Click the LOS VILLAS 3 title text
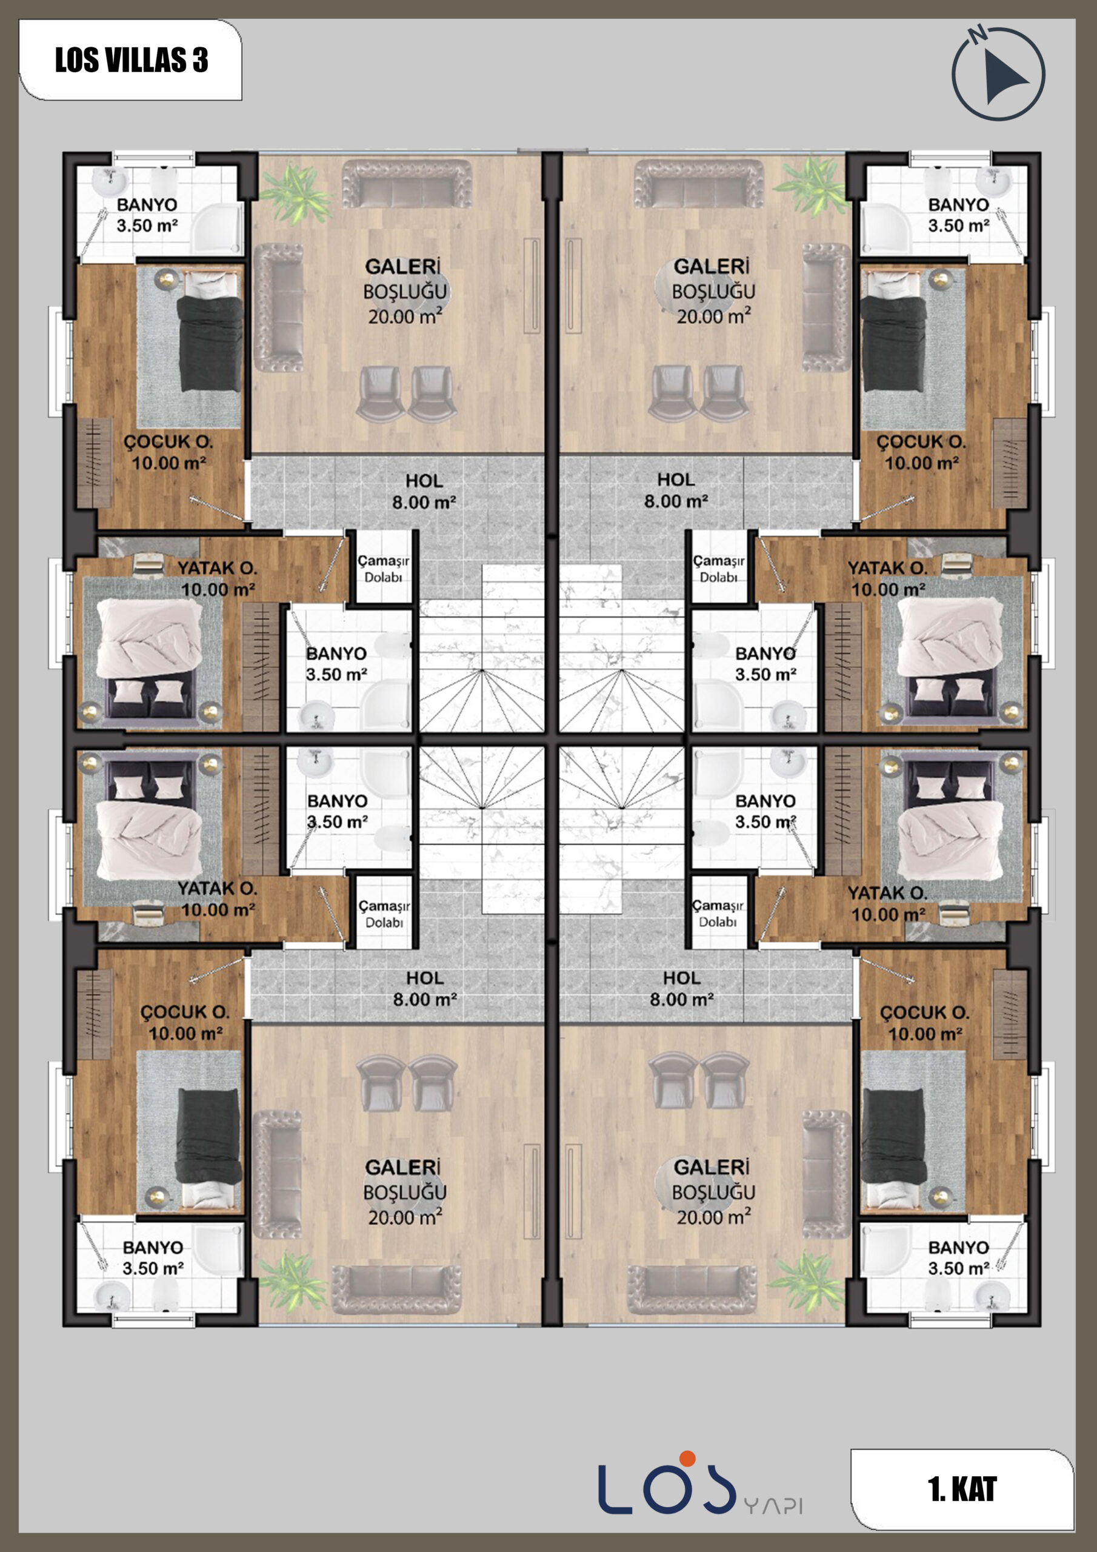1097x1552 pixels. click(x=131, y=60)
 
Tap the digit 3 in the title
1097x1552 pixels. click(x=200, y=60)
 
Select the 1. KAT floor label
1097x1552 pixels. click(x=962, y=1489)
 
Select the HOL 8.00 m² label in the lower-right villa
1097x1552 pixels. click(x=681, y=988)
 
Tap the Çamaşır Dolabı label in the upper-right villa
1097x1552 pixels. click(x=718, y=569)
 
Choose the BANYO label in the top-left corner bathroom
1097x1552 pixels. click(x=147, y=204)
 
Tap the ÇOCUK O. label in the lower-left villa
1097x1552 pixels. click(x=184, y=1012)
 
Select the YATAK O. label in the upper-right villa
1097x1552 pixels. click(x=887, y=568)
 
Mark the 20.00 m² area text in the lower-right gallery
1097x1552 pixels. click(x=714, y=1217)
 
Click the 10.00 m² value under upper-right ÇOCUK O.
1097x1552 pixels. click(x=921, y=463)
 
